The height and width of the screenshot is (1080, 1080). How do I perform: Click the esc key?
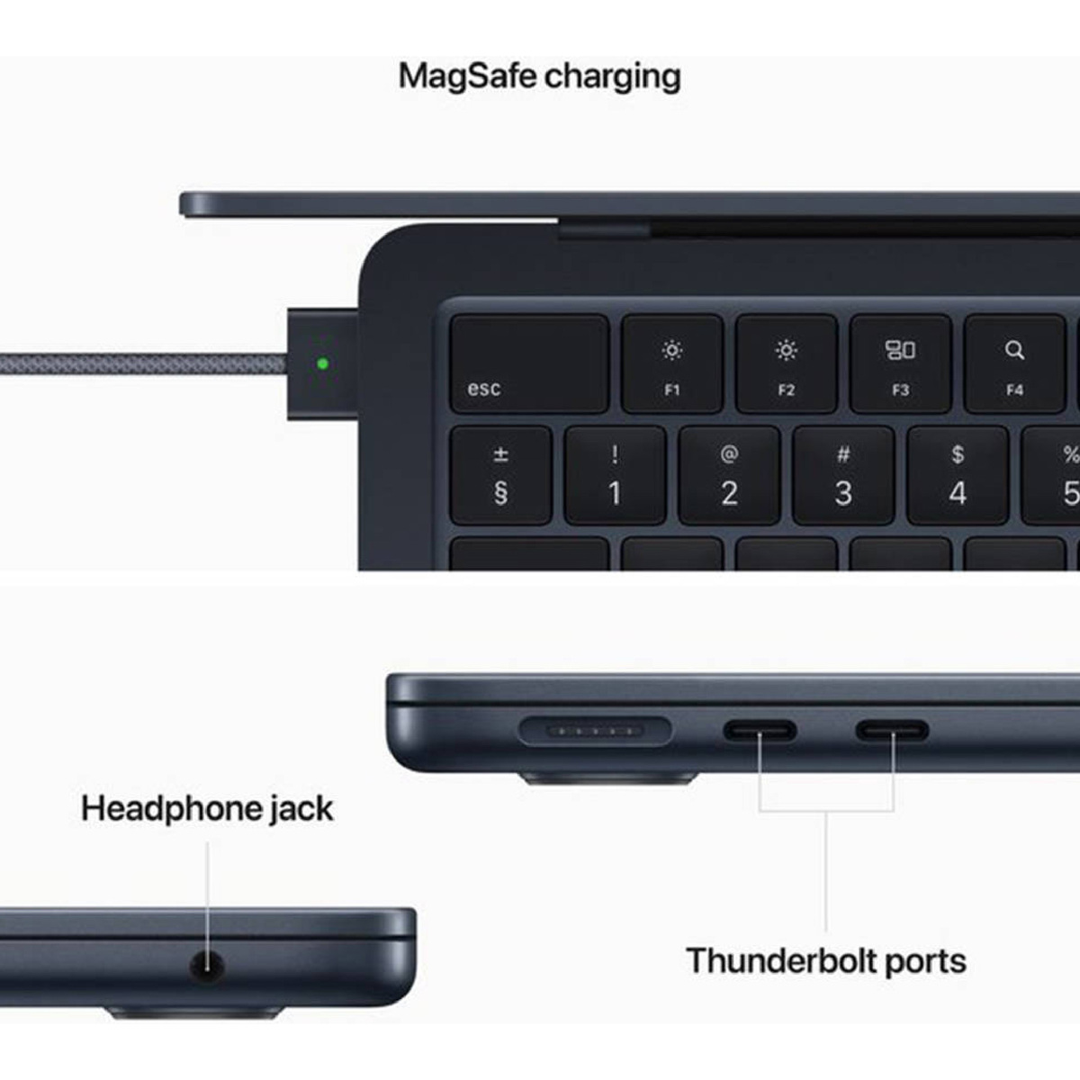[529, 364]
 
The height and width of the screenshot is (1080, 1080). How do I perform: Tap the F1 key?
[672, 364]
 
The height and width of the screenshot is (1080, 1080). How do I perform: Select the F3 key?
[900, 364]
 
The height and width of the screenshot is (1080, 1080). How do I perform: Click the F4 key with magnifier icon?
[1014, 364]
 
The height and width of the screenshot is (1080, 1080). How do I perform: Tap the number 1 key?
[615, 476]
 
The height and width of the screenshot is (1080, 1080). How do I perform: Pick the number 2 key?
[729, 476]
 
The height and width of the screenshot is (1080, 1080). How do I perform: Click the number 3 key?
[843, 476]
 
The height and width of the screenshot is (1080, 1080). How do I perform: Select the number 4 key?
[958, 476]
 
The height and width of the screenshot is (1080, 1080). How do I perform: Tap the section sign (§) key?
[501, 476]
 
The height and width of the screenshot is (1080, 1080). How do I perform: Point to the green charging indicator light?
[323, 364]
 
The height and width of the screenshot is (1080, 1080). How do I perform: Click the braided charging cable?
[143, 364]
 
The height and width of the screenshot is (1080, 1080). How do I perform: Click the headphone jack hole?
[207, 966]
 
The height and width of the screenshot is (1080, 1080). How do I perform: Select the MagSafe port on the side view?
[595, 732]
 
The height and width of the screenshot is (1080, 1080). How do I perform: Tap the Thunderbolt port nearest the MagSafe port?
[760, 731]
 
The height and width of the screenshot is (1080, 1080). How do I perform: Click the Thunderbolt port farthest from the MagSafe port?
[892, 731]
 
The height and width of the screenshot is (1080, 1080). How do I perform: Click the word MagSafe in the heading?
[467, 76]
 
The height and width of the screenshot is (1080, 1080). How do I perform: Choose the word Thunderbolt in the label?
[779, 961]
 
